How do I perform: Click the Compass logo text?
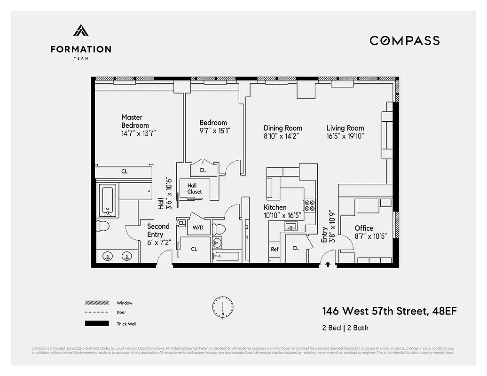404,40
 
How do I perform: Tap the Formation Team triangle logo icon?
81,31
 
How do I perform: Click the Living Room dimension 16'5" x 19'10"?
346,136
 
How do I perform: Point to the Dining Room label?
283,128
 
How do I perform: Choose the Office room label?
364,228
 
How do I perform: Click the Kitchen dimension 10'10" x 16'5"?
282,215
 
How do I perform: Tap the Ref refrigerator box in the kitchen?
275,250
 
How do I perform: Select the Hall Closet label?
194,188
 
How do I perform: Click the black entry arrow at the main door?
328,264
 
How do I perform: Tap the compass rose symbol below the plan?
222,307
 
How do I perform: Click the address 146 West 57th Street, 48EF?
389,311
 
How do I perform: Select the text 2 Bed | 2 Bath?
342,327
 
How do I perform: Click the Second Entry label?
158,230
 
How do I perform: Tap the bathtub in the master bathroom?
108,200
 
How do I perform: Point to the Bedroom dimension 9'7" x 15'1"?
215,131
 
